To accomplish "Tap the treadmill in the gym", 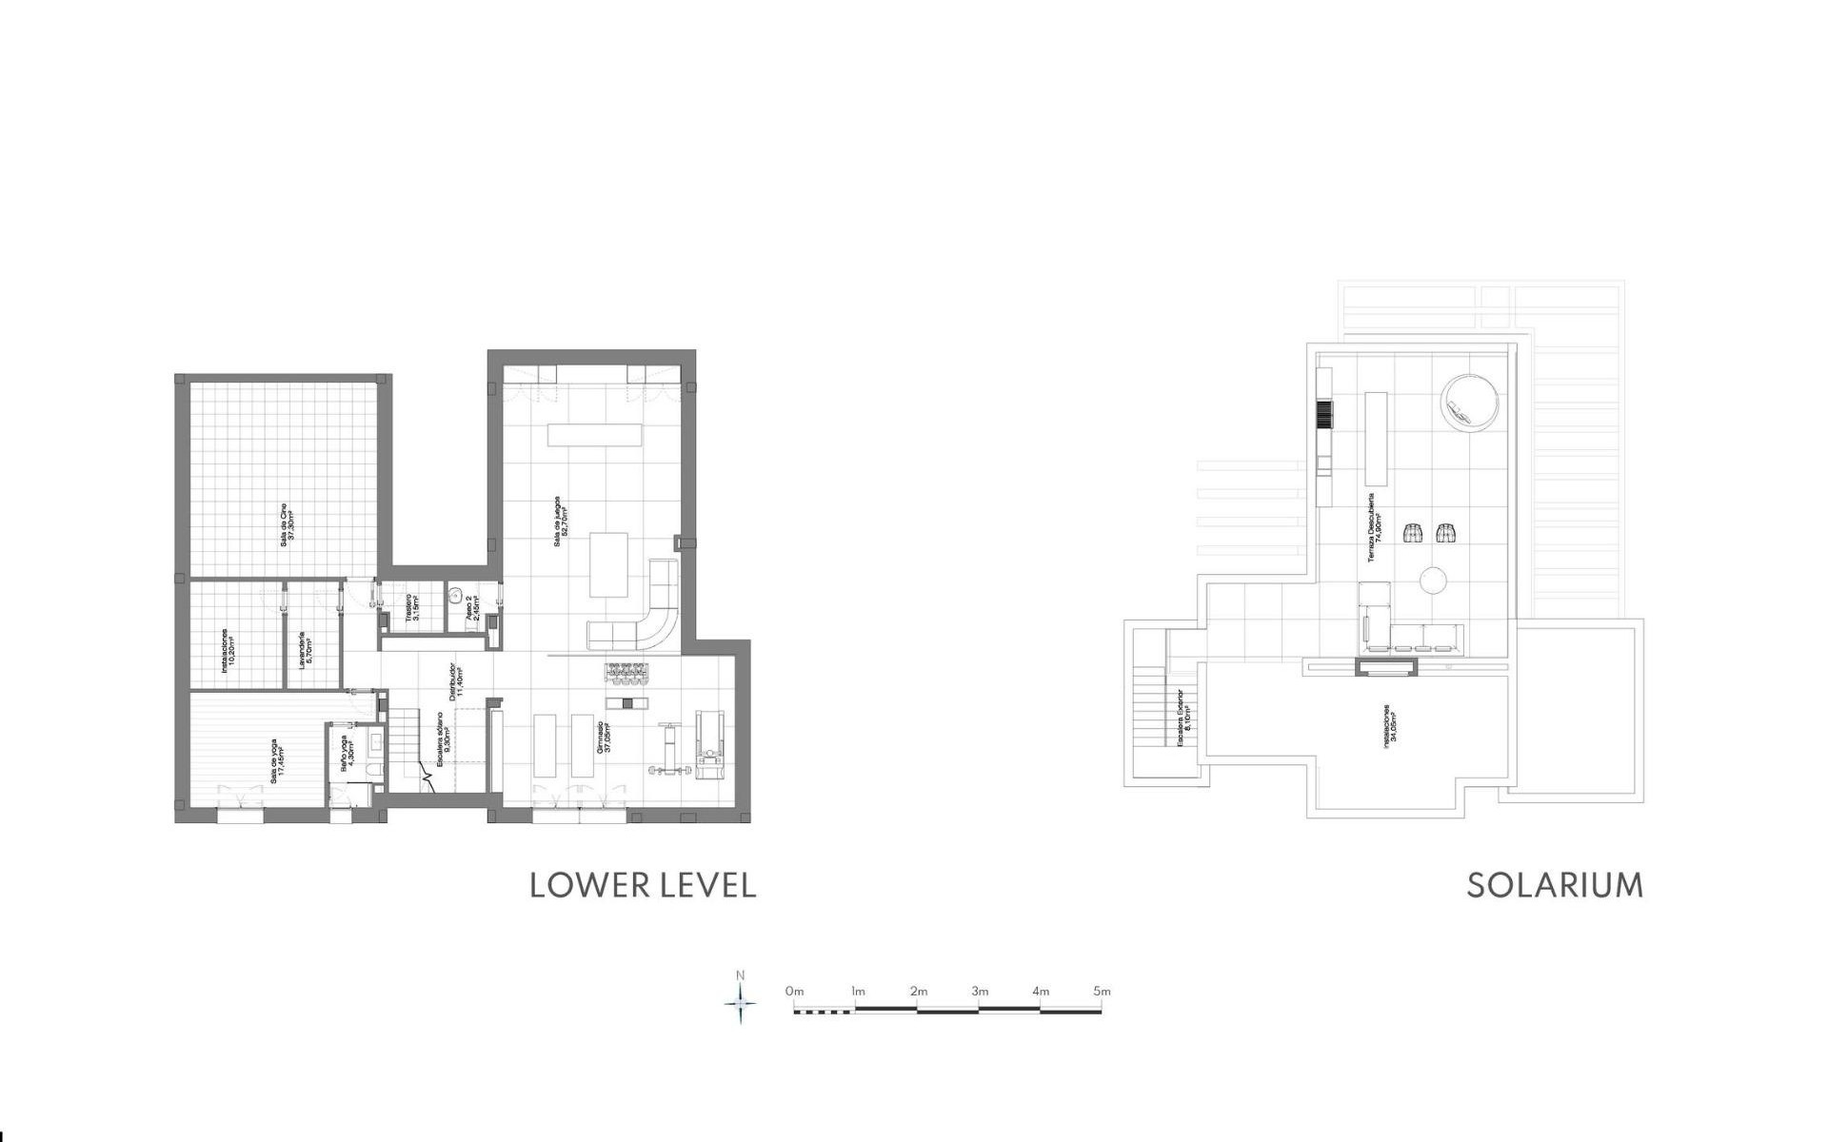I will [710, 744].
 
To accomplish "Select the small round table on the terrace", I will [1433, 580].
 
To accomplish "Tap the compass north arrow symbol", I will [741, 999].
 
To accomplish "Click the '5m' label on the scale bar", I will [1102, 991].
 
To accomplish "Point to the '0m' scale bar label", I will [794, 991].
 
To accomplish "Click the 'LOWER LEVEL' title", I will [643, 885].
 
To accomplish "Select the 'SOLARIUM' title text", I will [1555, 885].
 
